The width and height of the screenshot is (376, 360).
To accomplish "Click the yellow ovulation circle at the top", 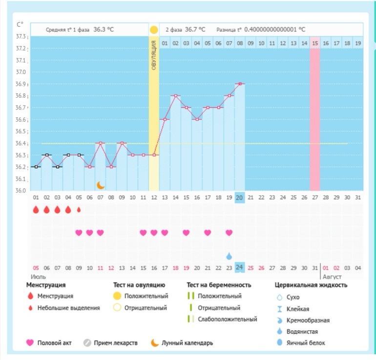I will coord(154,29).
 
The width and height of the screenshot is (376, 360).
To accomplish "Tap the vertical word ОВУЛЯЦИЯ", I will coord(154,57).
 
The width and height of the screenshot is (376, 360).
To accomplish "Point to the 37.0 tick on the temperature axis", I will coord(21,72).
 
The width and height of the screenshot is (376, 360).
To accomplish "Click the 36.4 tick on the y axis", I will coord(21,144).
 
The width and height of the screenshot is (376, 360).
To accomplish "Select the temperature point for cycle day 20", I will coord(240,84).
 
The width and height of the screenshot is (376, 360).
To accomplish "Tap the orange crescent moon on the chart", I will coord(101,185).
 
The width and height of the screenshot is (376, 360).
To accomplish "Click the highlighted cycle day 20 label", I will coord(240,197).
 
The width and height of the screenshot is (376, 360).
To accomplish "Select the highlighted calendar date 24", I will coord(240,268).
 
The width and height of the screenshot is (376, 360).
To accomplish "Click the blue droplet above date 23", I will coord(229,256).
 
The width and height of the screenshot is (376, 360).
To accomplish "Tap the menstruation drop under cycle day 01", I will coord(36,210).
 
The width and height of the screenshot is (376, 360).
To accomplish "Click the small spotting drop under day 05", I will coord(79,210).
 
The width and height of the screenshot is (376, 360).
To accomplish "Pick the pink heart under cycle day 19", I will coord(229,233).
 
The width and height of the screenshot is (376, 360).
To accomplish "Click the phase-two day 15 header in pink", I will coord(315,43).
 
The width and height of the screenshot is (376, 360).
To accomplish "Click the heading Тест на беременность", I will coord(219,285).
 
